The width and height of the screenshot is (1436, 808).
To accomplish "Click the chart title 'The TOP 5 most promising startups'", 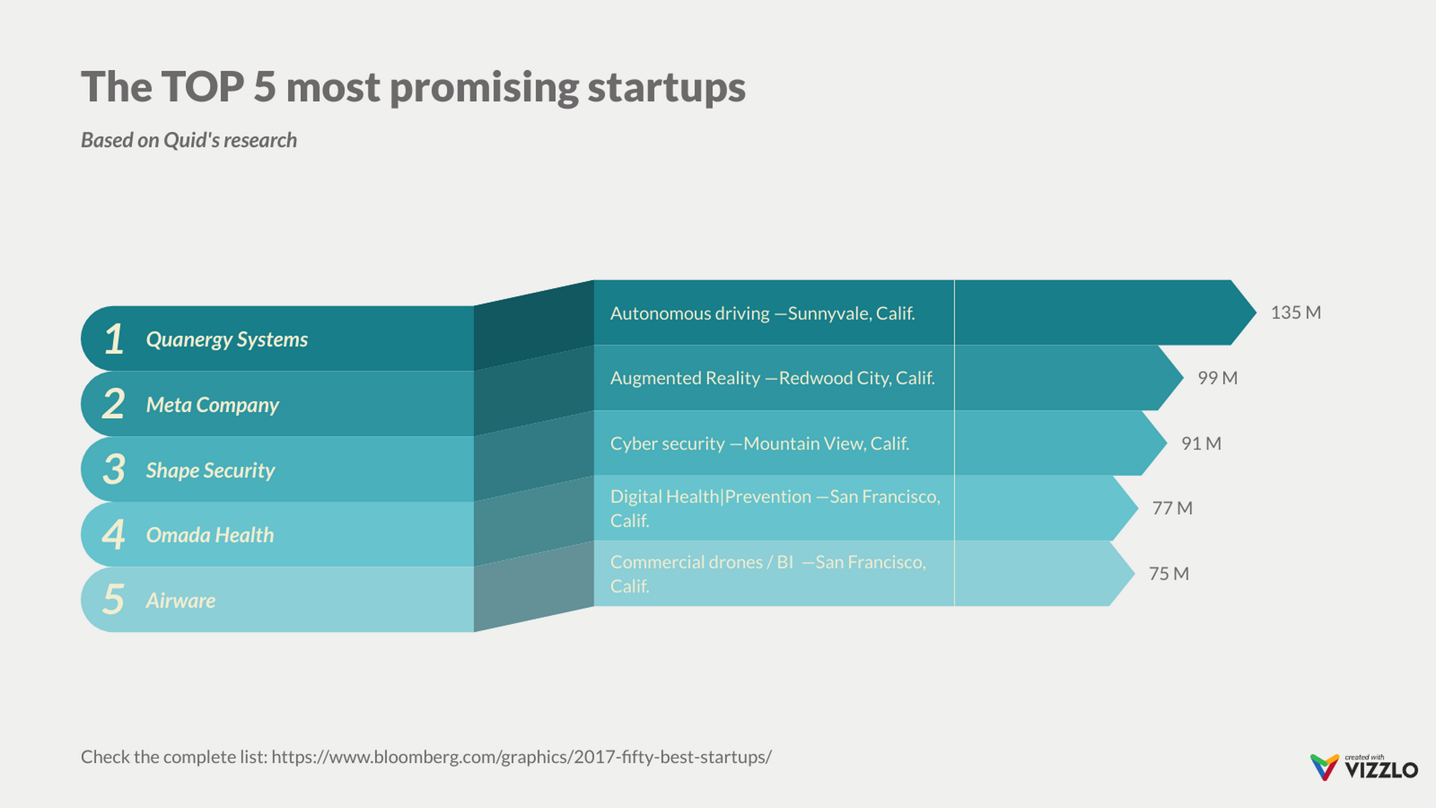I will [413, 87].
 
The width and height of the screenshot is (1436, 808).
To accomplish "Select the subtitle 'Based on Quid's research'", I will [189, 140].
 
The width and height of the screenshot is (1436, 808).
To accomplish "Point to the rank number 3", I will [114, 469].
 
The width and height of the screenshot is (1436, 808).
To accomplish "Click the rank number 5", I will [114, 599].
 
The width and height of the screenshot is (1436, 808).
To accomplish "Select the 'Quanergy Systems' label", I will [227, 339].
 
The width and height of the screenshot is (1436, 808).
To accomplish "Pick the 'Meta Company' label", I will [212, 405].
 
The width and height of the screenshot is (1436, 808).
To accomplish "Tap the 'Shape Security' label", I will [210, 470].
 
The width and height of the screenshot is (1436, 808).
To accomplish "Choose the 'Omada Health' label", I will [209, 535].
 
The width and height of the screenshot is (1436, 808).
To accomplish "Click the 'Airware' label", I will [180, 600].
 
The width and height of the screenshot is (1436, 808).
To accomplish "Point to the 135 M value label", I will [1295, 312].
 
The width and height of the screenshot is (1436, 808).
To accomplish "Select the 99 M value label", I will [1217, 378].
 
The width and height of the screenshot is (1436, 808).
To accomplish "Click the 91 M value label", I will [1201, 443].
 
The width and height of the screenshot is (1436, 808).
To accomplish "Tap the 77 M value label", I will [1172, 508].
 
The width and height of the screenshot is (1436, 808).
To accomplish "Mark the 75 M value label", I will [1169, 573].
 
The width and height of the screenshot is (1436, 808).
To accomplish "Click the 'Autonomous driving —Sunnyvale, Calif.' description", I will [762, 313].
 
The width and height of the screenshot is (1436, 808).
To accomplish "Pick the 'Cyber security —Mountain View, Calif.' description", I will [759, 443].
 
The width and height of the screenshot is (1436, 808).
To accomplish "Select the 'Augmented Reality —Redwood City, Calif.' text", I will [772, 378].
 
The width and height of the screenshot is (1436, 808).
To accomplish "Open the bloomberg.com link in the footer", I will [521, 757].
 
